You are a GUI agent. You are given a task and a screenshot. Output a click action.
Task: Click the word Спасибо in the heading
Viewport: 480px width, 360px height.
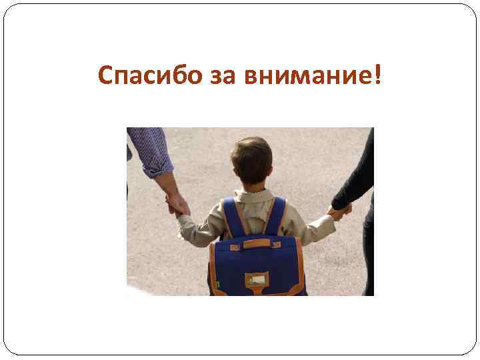point(141,76)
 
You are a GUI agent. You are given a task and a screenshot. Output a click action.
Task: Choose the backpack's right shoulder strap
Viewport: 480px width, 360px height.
point(274,215)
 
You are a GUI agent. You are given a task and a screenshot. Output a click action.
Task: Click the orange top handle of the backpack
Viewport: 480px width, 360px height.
point(256,243)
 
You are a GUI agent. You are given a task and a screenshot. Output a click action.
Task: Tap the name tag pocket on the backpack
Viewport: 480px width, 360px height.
point(256,280)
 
